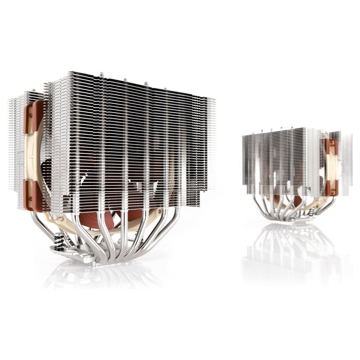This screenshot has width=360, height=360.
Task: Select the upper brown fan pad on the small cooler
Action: pos(331,147)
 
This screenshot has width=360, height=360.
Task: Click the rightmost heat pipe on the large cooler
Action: pos(170,226)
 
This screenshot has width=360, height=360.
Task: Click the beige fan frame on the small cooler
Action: pos(326,167)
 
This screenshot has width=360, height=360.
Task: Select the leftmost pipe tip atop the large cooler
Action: pos(101,75)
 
